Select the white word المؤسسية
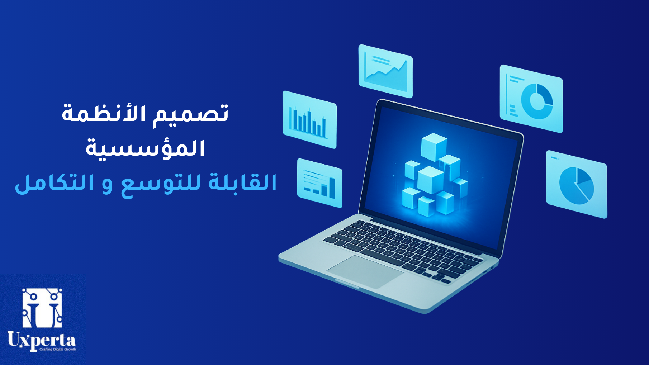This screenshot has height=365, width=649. click(145, 148)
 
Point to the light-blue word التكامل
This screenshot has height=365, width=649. click(54, 183)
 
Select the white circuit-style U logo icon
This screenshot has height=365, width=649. click(42, 308)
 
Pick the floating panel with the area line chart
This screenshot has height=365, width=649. click(385, 71)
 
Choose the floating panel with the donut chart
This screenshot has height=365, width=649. click(531, 98)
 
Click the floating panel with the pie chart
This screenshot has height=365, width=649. click(576, 184)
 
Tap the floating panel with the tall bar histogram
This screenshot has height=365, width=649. click(309, 119)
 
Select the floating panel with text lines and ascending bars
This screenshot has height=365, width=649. click(319, 183)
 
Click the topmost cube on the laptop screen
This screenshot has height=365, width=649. click(434, 146)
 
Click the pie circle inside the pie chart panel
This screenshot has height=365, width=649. click(576, 186)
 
